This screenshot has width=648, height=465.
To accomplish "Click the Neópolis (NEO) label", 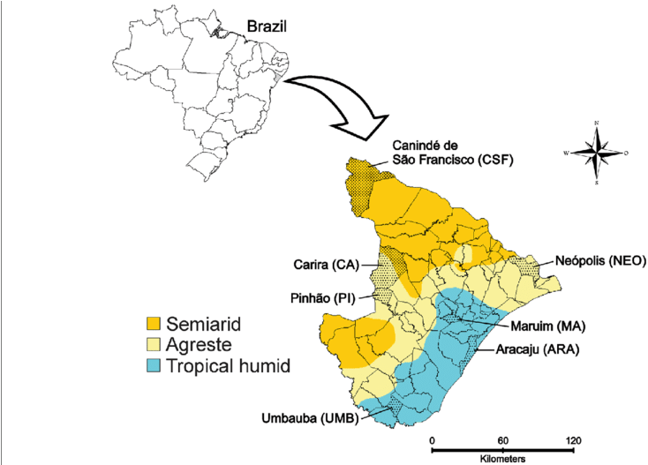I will tap(600, 260).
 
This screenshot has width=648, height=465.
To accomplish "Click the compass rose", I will tap(598, 152).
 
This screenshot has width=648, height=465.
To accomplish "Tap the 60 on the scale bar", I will tap(501, 440).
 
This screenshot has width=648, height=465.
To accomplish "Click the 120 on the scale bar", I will tap(571, 440).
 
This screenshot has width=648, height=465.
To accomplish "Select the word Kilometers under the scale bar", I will tap(501, 460).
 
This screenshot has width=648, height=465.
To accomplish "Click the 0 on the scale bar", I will tap(432, 440).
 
